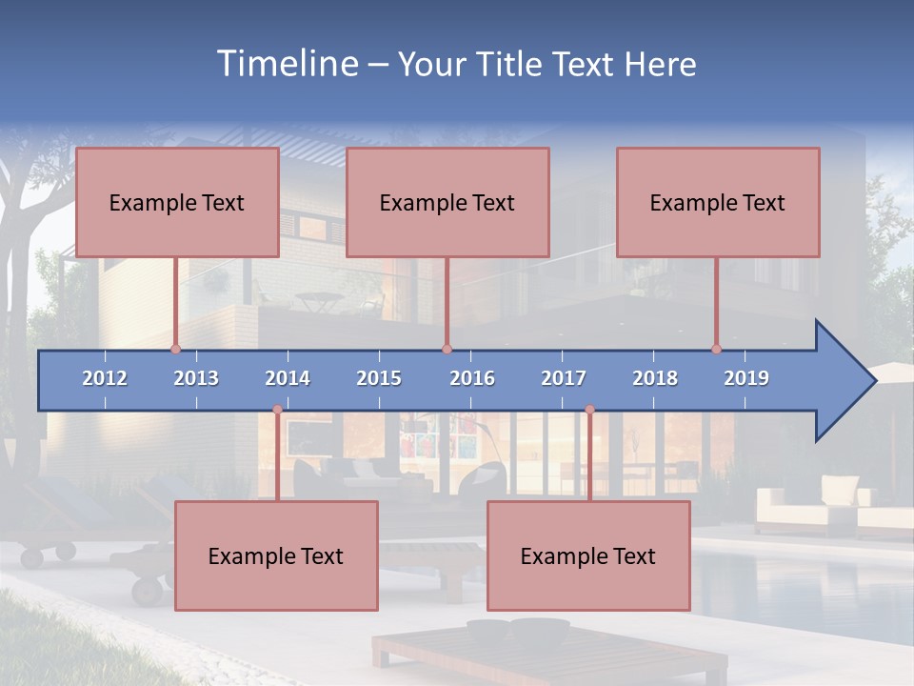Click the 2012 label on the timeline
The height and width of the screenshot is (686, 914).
[105, 378]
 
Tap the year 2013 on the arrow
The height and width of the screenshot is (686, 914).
[196, 378]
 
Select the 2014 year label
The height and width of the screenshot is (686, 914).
[288, 378]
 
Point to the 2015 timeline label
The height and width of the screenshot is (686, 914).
[379, 378]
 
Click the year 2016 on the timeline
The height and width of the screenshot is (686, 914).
[472, 378]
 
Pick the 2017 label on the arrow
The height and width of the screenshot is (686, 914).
[564, 378]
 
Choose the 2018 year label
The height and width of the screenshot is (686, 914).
[655, 378]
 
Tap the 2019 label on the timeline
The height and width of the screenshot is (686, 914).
[746, 378]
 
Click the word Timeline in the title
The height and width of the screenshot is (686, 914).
[287, 64]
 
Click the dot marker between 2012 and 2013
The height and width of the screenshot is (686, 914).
[175, 350]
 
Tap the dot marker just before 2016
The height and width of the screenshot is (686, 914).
[447, 350]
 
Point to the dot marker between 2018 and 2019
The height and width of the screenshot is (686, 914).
[717, 350]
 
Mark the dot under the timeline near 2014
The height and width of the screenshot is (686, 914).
[277, 410]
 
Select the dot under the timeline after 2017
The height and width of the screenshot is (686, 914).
[589, 410]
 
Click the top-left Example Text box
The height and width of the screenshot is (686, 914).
[177, 202]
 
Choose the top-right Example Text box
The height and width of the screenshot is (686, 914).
[718, 202]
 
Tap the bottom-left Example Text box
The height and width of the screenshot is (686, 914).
[276, 555]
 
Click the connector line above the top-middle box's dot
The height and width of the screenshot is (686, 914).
[447, 303]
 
